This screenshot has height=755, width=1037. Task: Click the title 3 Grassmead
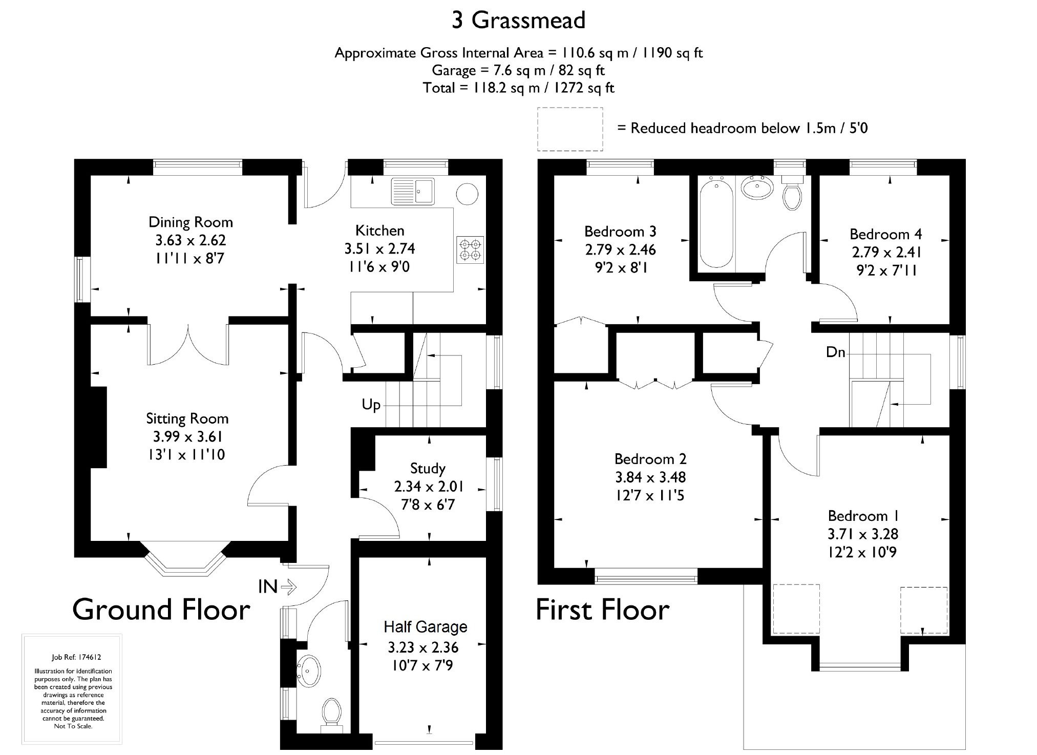tap(518, 20)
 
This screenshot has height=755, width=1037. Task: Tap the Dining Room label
tap(191, 222)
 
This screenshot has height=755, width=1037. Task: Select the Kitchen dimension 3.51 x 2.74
tap(379, 249)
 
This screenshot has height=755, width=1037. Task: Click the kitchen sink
tap(413, 191)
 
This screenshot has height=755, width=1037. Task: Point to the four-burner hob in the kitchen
tap(470, 249)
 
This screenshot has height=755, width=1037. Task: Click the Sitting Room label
tap(187, 419)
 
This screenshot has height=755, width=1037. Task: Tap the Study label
tap(428, 469)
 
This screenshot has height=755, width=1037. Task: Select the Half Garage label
tap(426, 627)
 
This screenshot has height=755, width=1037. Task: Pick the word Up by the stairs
tap(371, 405)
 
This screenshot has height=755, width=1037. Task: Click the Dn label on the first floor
tap(835, 352)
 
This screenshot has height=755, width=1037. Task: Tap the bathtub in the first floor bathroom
tap(716, 222)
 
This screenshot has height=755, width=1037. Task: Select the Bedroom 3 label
tap(620, 232)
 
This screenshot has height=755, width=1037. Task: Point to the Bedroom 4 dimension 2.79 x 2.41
tap(886, 253)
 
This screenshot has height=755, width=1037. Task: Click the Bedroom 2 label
tap(650, 459)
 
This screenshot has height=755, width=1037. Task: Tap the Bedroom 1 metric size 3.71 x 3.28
tap(863, 534)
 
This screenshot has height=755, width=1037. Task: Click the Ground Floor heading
tap(161, 610)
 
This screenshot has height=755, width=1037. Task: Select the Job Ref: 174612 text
tap(73, 658)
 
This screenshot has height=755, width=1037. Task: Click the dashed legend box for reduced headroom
tap(570, 108)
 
